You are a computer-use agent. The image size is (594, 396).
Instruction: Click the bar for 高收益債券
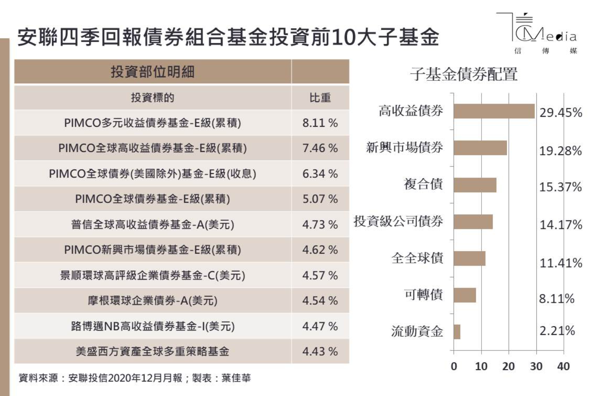pos(494,111)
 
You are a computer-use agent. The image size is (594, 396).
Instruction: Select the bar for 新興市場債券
pos(480,148)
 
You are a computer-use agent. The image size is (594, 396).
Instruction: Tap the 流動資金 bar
pos(457,332)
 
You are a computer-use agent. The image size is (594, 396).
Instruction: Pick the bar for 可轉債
pos(464,295)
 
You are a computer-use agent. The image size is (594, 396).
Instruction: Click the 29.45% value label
pos(561,113)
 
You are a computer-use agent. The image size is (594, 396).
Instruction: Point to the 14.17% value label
pos(561,224)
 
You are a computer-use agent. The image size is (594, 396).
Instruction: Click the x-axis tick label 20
pos(509,366)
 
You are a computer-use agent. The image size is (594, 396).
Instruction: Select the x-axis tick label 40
pos(563,366)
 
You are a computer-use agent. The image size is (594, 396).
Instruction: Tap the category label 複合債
pos(423,184)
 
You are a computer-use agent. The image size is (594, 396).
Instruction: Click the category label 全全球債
pos(417,258)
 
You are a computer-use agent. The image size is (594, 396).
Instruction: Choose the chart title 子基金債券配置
pos(464,74)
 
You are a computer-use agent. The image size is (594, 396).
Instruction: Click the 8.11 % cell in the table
pos(320,123)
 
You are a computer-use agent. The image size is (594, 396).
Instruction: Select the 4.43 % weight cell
pos(320,352)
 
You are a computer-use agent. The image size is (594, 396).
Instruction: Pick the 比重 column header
pos(320,98)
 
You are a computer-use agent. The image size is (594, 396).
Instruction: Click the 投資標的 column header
pos(152,98)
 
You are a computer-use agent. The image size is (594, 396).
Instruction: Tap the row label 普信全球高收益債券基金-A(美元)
pos(152,224)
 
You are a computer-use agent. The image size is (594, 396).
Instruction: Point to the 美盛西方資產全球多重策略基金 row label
pos(152,352)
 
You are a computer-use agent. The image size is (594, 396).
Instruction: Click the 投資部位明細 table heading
pos(152,72)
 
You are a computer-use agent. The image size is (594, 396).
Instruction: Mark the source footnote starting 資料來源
pos(135,378)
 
